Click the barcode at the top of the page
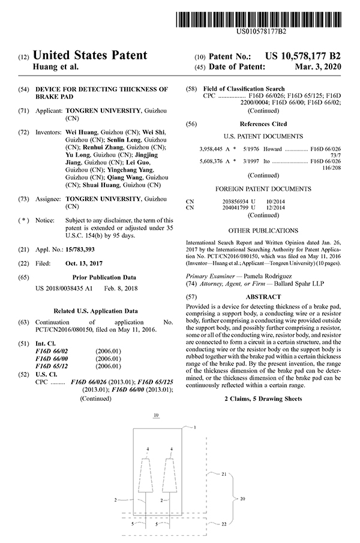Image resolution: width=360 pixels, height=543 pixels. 262,13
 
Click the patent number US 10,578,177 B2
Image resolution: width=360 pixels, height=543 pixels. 305,56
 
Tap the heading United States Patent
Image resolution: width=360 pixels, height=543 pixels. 90,56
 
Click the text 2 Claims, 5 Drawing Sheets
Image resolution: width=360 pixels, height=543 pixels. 263,398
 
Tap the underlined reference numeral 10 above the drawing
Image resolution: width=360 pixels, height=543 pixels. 156,416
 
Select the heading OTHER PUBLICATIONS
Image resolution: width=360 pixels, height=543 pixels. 263,230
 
